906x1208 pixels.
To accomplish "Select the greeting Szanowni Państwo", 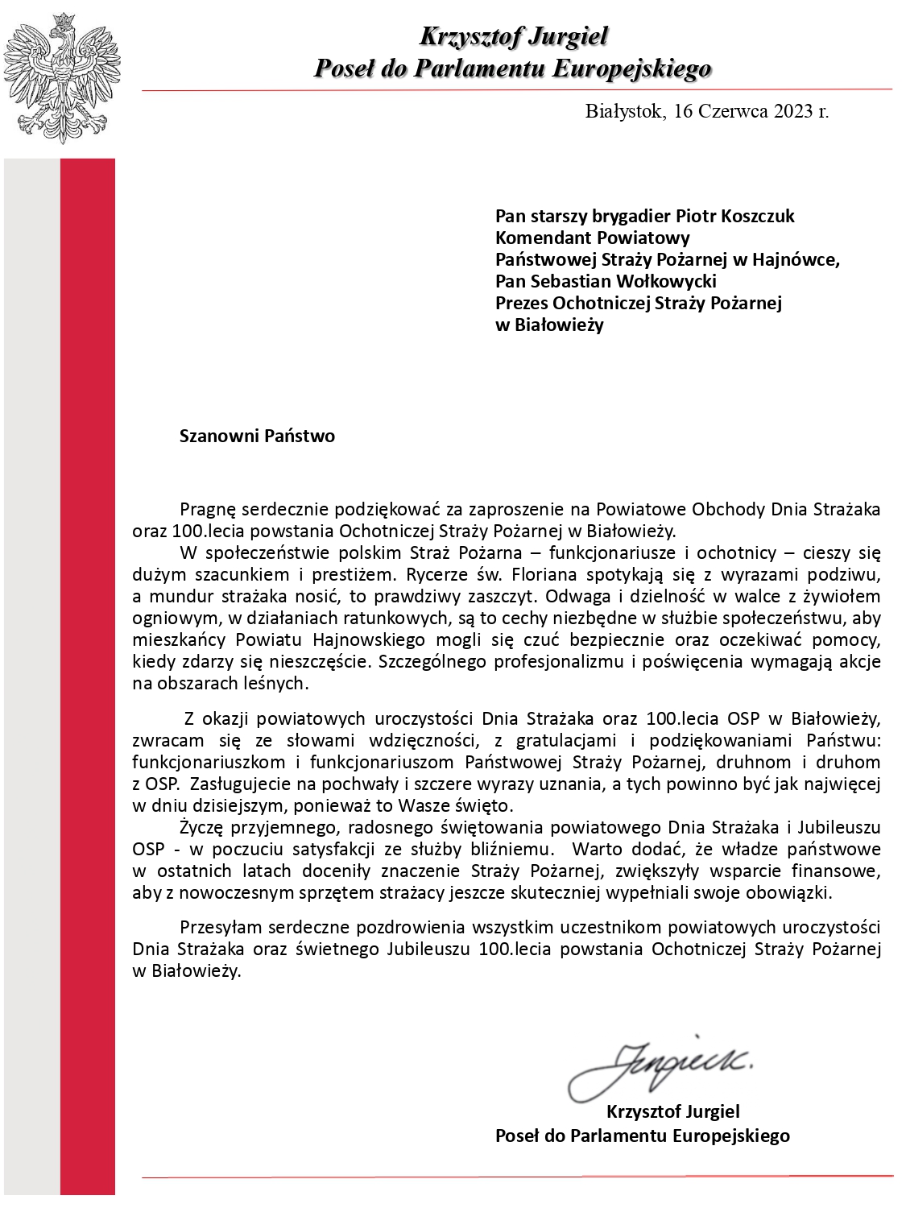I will [x=257, y=436].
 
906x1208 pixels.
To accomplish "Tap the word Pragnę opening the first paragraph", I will [x=206, y=509].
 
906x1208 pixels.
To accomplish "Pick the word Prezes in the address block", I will [x=521, y=303].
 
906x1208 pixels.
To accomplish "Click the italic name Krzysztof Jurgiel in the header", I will [x=513, y=36].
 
